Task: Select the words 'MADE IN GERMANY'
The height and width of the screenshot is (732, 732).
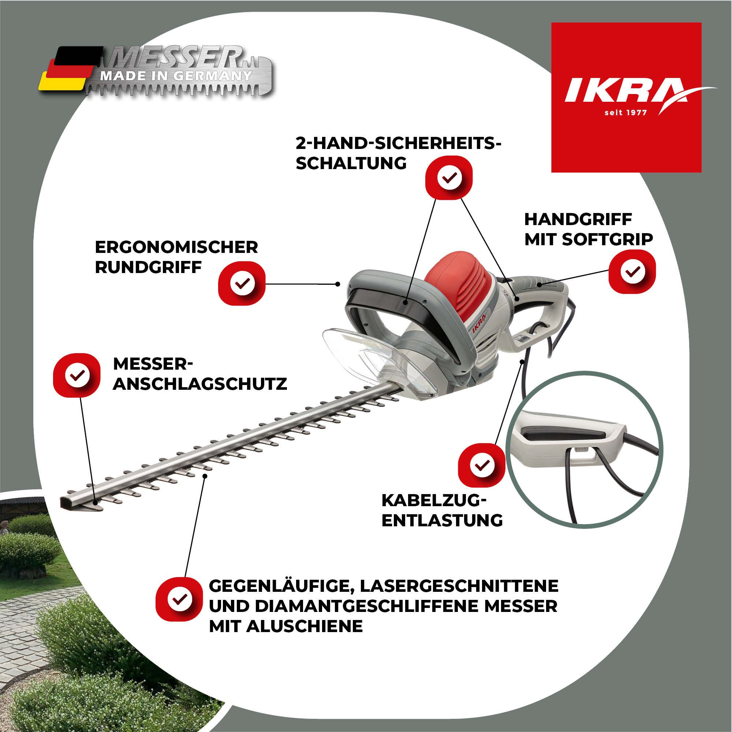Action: [x=175, y=75]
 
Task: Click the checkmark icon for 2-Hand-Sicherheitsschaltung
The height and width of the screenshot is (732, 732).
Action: [x=449, y=177]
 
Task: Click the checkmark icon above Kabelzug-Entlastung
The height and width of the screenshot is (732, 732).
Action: [x=481, y=465]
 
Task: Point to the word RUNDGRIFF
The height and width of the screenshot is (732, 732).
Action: [x=148, y=268]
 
